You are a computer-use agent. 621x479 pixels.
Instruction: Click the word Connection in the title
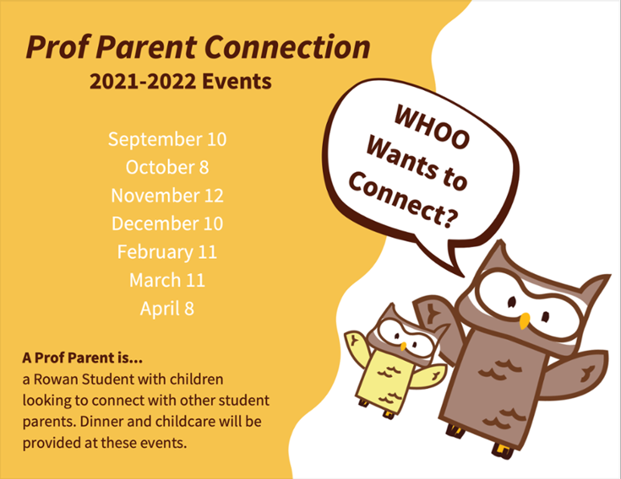tap(288, 47)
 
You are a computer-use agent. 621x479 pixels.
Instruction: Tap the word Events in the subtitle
tap(237, 81)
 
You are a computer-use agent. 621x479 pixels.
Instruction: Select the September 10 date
tap(167, 139)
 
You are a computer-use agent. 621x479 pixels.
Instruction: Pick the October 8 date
tap(167, 167)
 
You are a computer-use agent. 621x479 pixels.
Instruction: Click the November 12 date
tap(167, 196)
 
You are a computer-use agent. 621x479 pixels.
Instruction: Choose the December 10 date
tap(167, 224)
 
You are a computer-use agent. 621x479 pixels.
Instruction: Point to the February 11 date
tap(167, 252)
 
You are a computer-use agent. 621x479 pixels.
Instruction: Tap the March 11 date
tap(167, 280)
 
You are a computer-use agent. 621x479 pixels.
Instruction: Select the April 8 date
tap(167, 309)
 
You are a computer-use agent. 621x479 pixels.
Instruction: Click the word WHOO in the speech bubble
tap(432, 127)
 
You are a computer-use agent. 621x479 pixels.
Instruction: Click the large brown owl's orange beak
tap(524, 321)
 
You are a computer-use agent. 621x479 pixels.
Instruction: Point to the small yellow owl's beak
tap(403, 346)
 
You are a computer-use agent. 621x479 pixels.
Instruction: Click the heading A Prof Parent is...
tap(83, 358)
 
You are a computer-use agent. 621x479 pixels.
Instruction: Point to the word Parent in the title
tap(147, 47)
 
